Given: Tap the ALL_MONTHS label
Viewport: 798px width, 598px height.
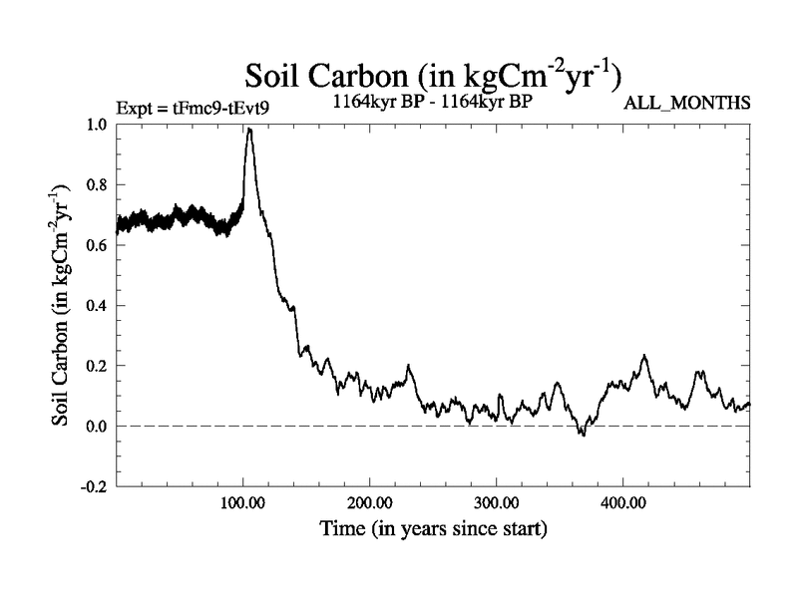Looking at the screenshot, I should point(686,103).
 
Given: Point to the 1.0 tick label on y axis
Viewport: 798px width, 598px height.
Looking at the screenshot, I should point(98,124).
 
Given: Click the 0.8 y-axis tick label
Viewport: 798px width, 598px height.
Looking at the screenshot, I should point(98,184).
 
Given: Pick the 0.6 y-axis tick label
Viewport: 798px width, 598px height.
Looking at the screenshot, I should point(98,244).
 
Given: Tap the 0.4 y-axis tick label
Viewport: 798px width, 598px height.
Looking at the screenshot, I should point(98,305).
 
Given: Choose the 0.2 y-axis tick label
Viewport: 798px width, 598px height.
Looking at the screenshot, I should point(98,366).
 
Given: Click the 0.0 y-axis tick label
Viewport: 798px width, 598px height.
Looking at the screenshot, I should point(98,426).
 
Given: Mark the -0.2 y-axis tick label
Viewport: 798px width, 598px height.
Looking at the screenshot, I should point(96,486).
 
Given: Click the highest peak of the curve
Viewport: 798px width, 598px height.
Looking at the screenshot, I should point(249,130).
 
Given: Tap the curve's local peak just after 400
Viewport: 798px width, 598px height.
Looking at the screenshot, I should point(644,356).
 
